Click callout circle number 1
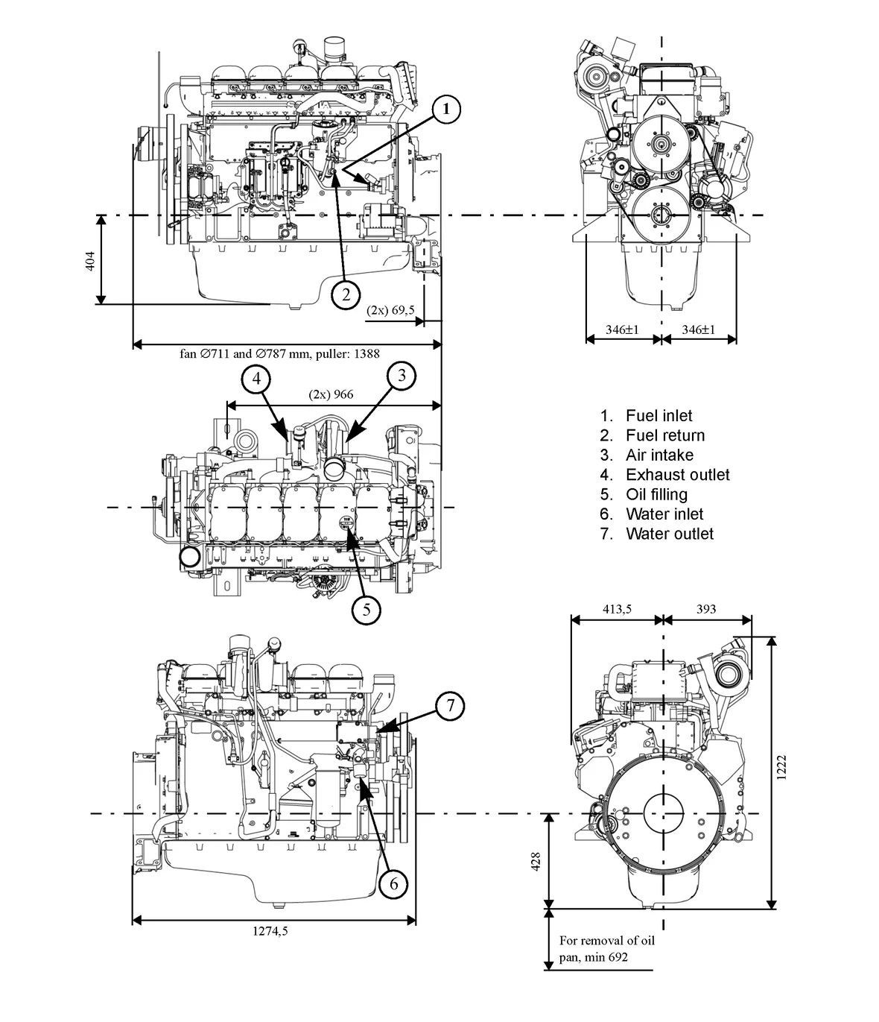(445, 110)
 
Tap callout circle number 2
(346, 294)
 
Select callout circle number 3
(402, 375)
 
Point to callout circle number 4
(256, 379)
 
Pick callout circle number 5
(366, 609)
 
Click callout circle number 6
(393, 884)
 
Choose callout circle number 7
(449, 705)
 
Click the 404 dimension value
(90, 261)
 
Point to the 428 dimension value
(536, 861)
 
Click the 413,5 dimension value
(616, 609)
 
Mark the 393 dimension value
(705, 609)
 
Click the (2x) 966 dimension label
(331, 394)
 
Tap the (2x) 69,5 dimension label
(390, 309)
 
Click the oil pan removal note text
(606, 948)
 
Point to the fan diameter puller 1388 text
(279, 355)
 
